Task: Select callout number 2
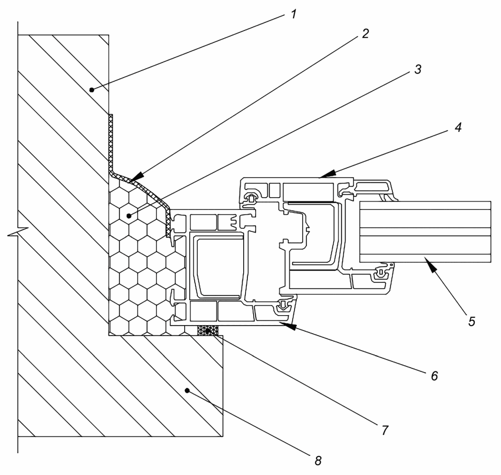pyautogui.click(x=366, y=33)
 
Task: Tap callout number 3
pyautogui.click(x=418, y=69)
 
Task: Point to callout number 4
pyautogui.click(x=458, y=127)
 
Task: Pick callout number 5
pyautogui.click(x=472, y=321)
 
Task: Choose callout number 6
pyautogui.click(x=434, y=376)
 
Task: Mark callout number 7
pyautogui.click(x=385, y=430)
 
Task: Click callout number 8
pyautogui.click(x=318, y=460)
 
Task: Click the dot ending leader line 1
pyautogui.click(x=92, y=90)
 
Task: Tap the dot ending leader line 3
pyautogui.click(x=129, y=216)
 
